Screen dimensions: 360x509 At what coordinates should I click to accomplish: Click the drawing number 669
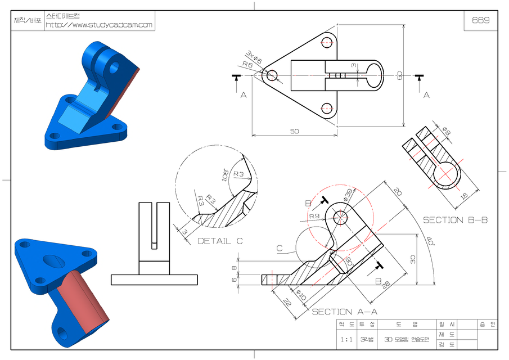[x=480, y=20]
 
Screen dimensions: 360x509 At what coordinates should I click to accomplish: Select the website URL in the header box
[x=99, y=25]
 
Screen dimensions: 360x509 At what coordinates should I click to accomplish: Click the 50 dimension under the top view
[x=294, y=131]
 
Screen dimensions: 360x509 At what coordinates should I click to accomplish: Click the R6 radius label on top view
[x=247, y=65]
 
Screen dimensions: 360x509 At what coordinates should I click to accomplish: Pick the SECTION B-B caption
[x=455, y=220]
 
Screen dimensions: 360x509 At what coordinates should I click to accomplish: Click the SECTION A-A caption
[x=344, y=311]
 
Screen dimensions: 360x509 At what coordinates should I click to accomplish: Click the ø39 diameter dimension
[x=348, y=195]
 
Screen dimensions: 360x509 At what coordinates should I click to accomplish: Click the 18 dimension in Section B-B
[x=465, y=196]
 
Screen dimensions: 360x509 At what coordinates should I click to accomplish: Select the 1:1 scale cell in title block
[x=347, y=339]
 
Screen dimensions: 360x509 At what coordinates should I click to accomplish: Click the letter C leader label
[x=280, y=247]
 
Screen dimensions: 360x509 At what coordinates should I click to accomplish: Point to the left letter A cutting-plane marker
[x=244, y=95]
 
